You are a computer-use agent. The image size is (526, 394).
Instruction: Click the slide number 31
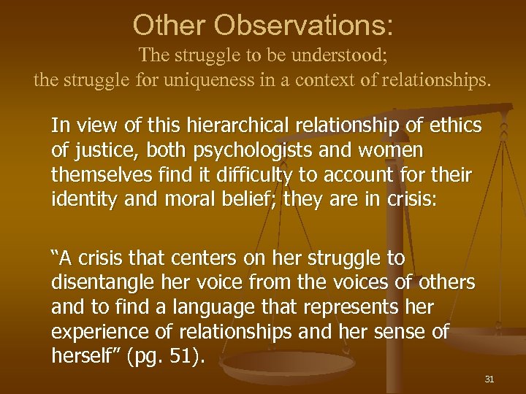(489, 379)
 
